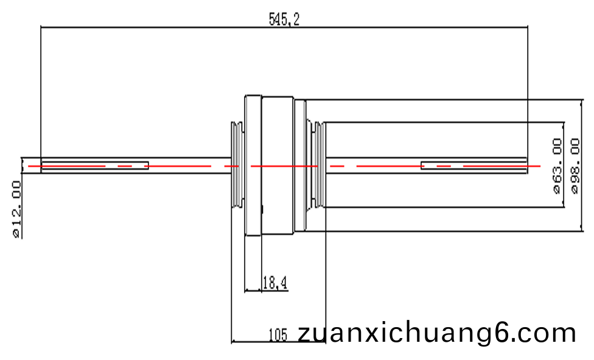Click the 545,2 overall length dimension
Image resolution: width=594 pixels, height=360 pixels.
coord(284,19)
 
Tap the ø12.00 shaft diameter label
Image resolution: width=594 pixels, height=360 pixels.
coord(16,209)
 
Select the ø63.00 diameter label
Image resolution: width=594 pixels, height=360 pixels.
coord(557,166)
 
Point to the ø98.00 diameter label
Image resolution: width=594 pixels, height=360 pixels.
coord(575,166)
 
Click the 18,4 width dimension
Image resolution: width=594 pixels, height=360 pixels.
coord(275,283)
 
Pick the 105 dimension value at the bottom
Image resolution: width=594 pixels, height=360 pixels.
coord(278,335)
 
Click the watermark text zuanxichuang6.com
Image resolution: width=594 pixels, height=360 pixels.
coord(437,333)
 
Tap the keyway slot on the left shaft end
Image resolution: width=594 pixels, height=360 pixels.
coord(95,166)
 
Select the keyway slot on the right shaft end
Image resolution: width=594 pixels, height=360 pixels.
coord(474,166)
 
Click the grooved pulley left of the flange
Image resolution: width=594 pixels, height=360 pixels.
coord(238,165)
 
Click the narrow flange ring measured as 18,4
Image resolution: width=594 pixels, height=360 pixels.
coord(253,165)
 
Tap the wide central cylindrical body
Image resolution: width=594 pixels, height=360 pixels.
coord(278,165)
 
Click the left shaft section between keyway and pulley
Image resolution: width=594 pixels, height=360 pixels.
coord(190,165)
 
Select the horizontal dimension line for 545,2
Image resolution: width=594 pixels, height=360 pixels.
coord(284,27)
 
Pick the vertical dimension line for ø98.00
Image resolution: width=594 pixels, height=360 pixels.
coord(582,165)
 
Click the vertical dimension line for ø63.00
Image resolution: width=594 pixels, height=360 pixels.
coord(564,165)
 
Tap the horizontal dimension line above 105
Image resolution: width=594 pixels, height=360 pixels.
coord(279,342)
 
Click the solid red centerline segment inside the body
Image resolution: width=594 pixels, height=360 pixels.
coord(284,166)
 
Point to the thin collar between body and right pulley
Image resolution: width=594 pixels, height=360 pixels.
coord(300,165)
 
